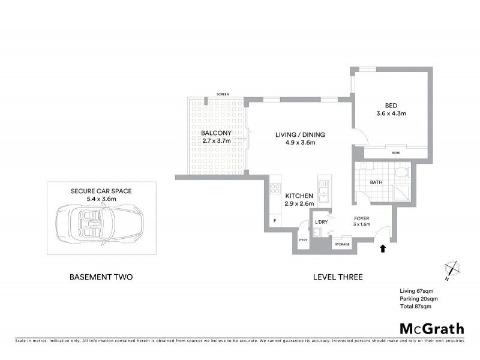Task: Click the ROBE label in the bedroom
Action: [396, 153]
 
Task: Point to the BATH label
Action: [376, 182]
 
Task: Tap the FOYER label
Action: [361, 218]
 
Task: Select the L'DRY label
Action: [322, 222]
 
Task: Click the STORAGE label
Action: [342, 244]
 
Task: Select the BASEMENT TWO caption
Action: [101, 277]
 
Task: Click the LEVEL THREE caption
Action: [338, 277]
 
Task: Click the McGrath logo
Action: [431, 328]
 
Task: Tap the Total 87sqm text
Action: [415, 307]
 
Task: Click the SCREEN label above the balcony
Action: [222, 94]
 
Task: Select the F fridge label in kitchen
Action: [275, 221]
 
